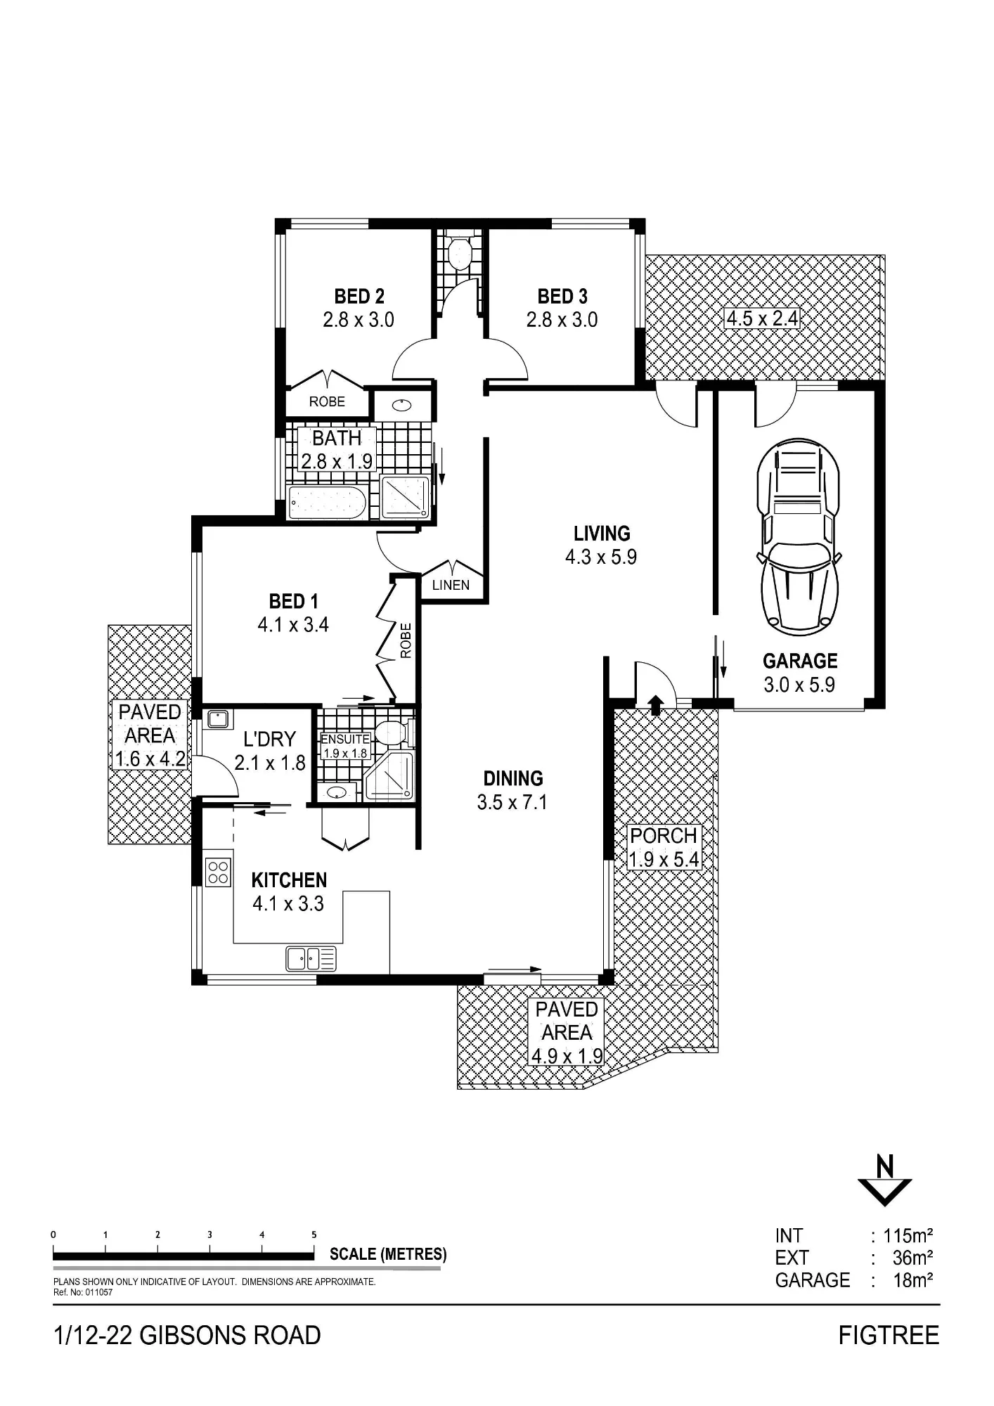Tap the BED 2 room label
click(x=359, y=297)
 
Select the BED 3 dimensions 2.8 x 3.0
click(x=562, y=320)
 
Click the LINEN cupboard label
click(x=451, y=585)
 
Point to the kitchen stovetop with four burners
click(x=218, y=872)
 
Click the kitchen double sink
click(x=311, y=958)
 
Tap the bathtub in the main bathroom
click(x=328, y=503)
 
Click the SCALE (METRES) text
click(x=388, y=1254)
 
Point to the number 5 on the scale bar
click(x=314, y=1234)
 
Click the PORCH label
click(x=664, y=836)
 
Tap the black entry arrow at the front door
click(x=655, y=705)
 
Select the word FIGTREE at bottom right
click(x=889, y=1336)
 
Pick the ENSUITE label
click(x=344, y=740)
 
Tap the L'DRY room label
click(x=269, y=740)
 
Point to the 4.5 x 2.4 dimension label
click(x=762, y=318)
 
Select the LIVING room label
click(x=602, y=534)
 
